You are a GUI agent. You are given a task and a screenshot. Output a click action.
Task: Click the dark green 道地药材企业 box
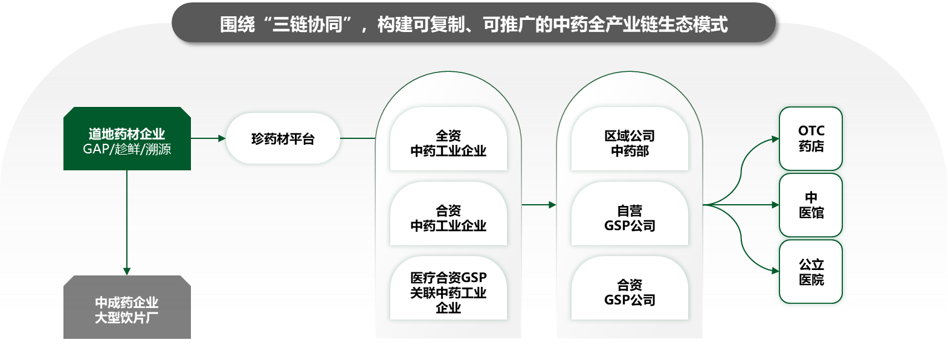(127, 139)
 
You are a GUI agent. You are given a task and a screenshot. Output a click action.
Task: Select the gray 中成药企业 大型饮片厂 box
(127, 307)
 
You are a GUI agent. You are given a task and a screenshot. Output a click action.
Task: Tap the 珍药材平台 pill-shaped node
(283, 138)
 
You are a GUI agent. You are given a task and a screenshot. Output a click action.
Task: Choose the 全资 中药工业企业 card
(448, 139)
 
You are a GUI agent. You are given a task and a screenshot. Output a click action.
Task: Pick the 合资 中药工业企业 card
(448, 214)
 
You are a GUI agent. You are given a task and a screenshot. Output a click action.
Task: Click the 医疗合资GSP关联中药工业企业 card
(448, 288)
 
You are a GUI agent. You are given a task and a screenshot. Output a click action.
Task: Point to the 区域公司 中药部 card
(630, 139)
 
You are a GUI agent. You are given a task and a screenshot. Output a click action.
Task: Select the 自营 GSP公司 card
(630, 214)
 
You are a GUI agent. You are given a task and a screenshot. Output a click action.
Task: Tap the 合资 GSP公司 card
(630, 288)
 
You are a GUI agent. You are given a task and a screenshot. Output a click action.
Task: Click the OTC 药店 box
(810, 139)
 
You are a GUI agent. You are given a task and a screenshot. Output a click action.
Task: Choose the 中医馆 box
(810, 205)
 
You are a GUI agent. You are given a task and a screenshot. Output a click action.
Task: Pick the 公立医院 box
(810, 272)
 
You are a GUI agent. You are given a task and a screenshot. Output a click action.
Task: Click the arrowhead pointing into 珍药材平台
(222, 138)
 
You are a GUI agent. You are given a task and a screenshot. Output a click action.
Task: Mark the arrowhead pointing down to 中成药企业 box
(126, 271)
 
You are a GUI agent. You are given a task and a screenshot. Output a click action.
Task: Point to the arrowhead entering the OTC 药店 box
(775, 139)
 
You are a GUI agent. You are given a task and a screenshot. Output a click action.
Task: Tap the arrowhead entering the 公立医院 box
(775, 271)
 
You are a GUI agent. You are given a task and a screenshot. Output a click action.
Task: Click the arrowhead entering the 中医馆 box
(775, 205)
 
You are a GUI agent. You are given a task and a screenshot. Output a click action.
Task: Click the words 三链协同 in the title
(308, 25)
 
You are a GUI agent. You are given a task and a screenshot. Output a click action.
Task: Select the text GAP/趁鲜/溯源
(127, 149)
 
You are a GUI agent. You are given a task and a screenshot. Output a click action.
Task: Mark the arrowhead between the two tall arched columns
(552, 205)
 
